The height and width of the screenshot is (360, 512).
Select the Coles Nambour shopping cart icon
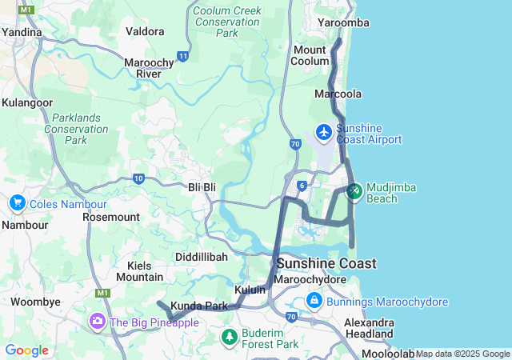(17, 204)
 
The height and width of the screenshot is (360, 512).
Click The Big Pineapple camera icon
(98, 321)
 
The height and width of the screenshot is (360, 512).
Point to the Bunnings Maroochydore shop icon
(314, 302)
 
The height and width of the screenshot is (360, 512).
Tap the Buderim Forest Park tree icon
(230, 336)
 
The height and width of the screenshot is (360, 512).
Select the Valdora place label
(146, 32)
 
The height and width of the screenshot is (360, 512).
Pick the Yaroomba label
(343, 23)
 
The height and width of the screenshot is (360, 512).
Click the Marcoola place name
(338, 94)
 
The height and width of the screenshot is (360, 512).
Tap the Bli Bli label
(202, 186)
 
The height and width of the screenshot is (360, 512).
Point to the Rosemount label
(111, 217)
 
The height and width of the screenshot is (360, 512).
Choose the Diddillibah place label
(202, 257)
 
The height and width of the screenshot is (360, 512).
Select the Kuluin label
(250, 290)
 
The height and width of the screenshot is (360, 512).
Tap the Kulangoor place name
(27, 103)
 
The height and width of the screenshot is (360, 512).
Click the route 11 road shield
(183, 57)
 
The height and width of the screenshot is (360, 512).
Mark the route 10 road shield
(139, 178)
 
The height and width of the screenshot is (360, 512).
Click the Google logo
(26, 350)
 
